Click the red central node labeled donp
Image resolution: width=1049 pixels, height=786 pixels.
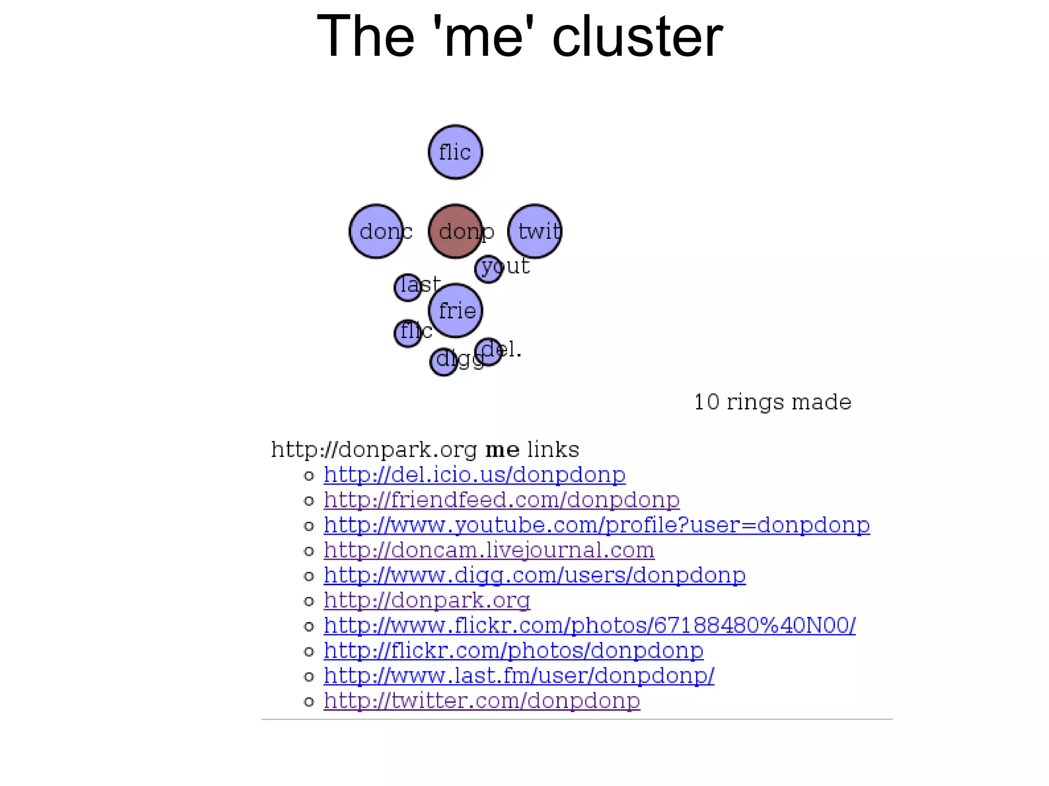point(455,231)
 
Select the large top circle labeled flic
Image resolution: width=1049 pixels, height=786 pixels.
point(455,152)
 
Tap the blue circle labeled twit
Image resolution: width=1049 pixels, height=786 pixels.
point(534,231)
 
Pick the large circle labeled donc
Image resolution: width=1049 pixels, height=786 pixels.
point(376,231)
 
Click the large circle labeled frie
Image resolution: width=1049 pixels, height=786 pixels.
point(455,311)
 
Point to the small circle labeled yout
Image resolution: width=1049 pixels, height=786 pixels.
point(488,269)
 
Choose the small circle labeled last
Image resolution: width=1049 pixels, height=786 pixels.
point(408,287)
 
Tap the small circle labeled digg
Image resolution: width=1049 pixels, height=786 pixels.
point(444,362)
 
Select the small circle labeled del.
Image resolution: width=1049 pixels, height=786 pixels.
point(488,351)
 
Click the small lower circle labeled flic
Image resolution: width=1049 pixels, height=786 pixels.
point(408,333)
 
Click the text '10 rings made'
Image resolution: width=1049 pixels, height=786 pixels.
point(772,402)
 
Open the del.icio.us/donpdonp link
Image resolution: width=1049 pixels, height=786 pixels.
point(474,475)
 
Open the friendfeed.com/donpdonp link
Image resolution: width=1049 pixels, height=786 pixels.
point(501,500)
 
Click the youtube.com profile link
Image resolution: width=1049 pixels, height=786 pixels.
point(597,525)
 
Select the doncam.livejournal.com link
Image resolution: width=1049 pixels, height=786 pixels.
point(489,550)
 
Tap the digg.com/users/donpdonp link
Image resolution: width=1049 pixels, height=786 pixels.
point(534,575)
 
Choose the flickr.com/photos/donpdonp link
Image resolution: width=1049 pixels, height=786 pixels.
point(513,650)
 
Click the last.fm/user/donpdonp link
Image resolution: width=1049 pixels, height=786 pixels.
point(519,675)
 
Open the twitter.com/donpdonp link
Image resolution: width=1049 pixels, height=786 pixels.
point(481,700)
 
